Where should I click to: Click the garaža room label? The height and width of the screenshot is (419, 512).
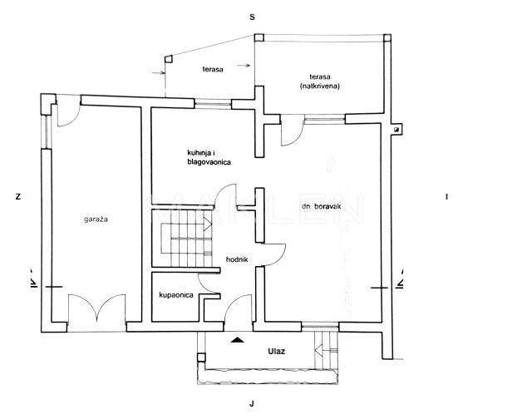(96, 219)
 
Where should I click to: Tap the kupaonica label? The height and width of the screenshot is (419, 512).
(176, 295)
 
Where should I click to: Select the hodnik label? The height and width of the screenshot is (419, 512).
(237, 259)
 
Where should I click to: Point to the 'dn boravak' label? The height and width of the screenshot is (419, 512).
(321, 206)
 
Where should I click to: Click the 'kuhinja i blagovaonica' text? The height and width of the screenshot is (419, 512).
(209, 157)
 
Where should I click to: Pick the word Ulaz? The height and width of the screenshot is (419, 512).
(276, 352)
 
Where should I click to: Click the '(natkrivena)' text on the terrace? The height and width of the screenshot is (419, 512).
(320, 86)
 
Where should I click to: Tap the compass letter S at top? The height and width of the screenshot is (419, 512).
(252, 17)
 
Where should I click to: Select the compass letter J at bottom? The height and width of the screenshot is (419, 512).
(252, 404)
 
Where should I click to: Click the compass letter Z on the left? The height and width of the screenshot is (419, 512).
(18, 196)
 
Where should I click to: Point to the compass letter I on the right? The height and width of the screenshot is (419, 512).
(446, 196)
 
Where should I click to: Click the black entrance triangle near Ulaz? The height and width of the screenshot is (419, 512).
(238, 340)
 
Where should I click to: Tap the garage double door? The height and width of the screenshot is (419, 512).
(96, 308)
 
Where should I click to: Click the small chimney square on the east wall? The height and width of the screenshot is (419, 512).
(396, 130)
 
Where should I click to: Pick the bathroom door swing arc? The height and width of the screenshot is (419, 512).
(209, 283)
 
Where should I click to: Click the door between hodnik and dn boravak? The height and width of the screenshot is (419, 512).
(274, 254)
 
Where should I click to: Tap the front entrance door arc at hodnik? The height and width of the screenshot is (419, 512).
(238, 308)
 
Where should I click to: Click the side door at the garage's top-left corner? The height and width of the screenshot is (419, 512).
(68, 111)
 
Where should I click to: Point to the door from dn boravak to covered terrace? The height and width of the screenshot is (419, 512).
(293, 131)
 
